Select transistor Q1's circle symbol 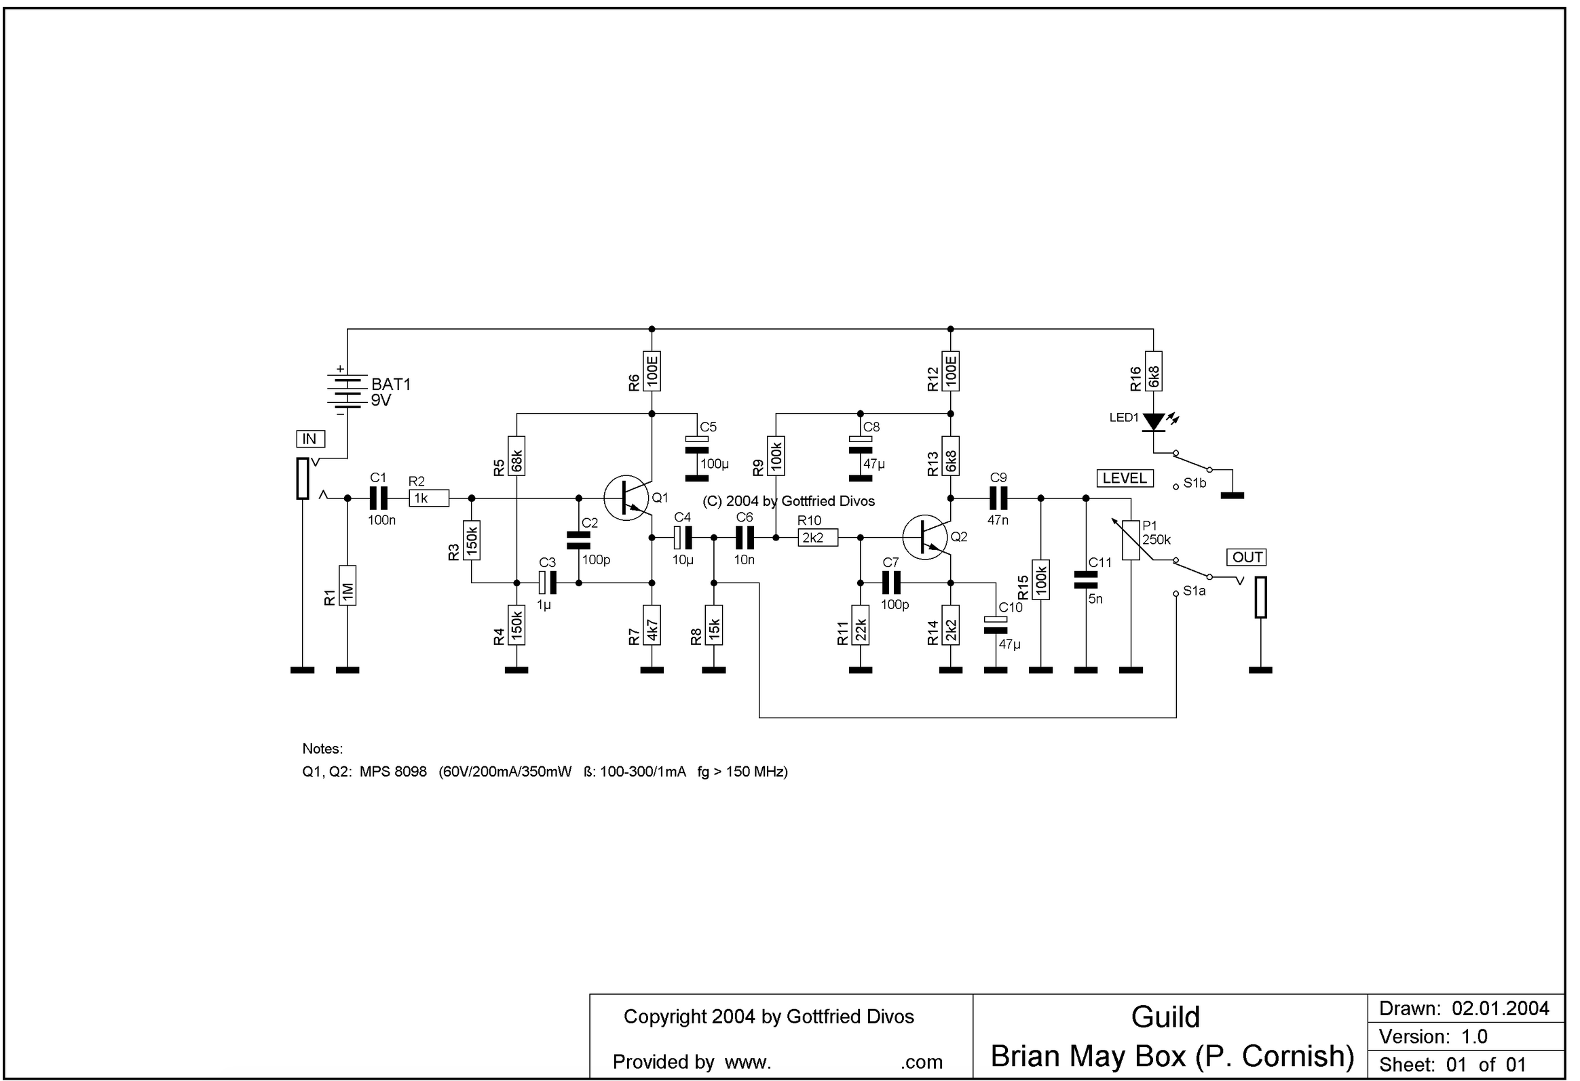[626, 498]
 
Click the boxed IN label [310, 439]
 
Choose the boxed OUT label [1247, 557]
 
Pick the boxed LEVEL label [1125, 478]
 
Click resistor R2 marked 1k [429, 498]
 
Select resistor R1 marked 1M [347, 585]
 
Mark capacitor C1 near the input [379, 498]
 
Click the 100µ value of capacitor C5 [715, 465]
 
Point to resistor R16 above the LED [1154, 371]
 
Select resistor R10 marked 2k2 [817, 538]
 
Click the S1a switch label [1195, 591]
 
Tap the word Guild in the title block [1165, 1017]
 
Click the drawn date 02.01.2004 [1501, 1008]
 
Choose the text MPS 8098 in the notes [393, 772]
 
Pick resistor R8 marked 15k [714, 625]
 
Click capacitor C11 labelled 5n [1086, 580]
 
